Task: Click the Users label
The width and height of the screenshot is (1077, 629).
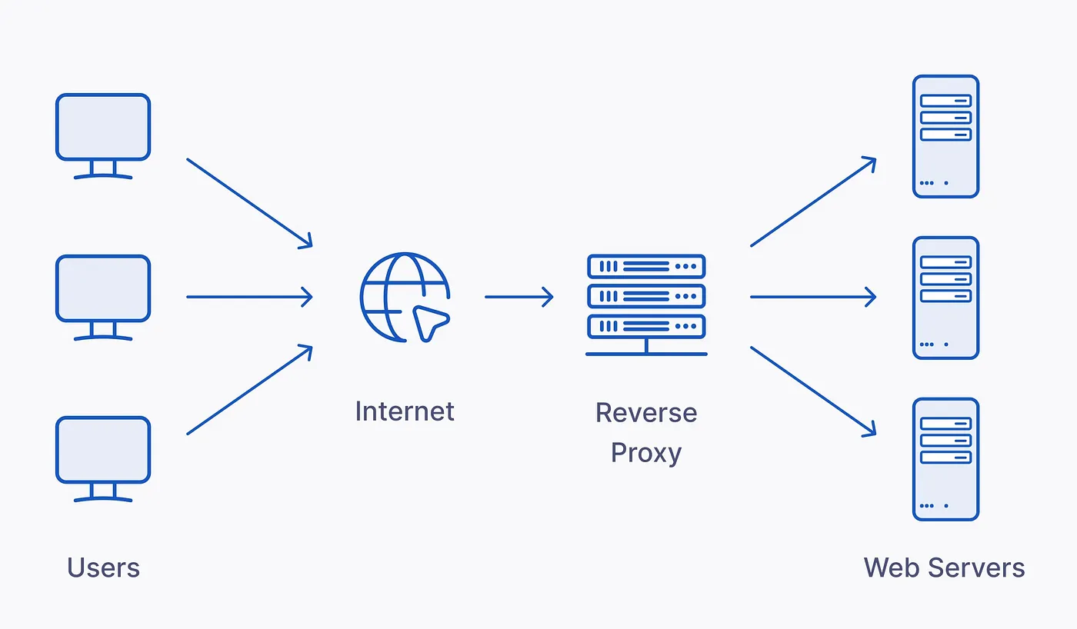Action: pos(103,568)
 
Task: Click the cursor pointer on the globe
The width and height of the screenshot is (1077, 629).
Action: pos(428,321)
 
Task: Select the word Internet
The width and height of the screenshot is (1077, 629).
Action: pos(405,411)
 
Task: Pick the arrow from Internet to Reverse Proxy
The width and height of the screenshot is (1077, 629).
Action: pos(518,297)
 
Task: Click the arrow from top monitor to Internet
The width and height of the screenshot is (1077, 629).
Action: pos(249,203)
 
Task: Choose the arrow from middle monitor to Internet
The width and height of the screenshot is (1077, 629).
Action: pos(249,297)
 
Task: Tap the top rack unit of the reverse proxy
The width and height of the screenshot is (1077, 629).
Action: pos(646,266)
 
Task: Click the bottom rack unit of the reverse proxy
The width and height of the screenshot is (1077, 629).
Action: pos(646,326)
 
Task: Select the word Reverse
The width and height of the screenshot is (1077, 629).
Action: pos(646,413)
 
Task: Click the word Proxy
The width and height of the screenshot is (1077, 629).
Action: pos(646,453)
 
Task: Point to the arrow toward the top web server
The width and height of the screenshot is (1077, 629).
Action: pos(813,202)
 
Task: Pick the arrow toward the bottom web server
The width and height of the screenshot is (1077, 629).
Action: pos(813,391)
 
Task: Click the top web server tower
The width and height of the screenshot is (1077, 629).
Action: pos(945,136)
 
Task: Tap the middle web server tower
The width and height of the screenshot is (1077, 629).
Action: pos(945,298)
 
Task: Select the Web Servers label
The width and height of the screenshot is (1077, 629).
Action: pos(944,568)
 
